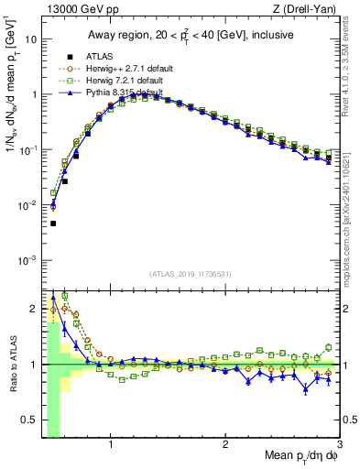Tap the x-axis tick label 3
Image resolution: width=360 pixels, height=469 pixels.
point(339,444)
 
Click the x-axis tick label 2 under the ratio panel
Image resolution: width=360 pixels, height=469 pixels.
point(225,444)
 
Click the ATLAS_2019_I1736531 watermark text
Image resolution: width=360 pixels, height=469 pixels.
point(191,274)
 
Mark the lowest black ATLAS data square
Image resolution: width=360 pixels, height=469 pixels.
point(53,224)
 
